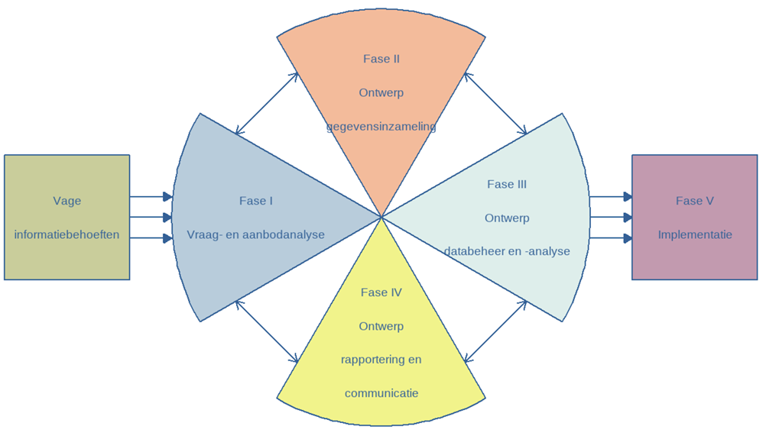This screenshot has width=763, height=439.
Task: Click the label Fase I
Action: click(x=255, y=201)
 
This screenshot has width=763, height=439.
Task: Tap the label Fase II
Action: click(x=381, y=59)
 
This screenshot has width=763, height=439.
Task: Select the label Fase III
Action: click(x=506, y=184)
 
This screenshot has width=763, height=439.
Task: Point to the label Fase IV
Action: click(x=381, y=292)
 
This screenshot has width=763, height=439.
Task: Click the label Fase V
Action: click(x=694, y=201)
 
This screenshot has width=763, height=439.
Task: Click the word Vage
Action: click(x=67, y=201)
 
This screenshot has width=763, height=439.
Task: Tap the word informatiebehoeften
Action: click(x=67, y=234)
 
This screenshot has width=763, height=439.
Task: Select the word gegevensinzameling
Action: click(x=381, y=126)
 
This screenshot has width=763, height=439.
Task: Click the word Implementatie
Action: click(x=694, y=234)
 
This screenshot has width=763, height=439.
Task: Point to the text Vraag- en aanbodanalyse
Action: click(x=255, y=234)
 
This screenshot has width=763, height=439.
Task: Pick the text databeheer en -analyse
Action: click(x=506, y=250)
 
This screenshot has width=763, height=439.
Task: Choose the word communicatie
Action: click(x=381, y=393)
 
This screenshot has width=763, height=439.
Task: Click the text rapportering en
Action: click(x=381, y=360)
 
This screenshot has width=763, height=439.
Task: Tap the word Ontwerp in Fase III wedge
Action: click(x=506, y=218)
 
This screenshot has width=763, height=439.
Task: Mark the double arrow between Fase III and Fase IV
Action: click(x=495, y=331)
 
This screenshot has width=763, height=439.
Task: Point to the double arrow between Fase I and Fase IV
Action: click(x=266, y=331)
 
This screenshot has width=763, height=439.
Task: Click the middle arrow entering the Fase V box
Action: click(x=611, y=218)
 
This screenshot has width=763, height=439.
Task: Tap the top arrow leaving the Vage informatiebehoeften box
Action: click(x=151, y=197)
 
